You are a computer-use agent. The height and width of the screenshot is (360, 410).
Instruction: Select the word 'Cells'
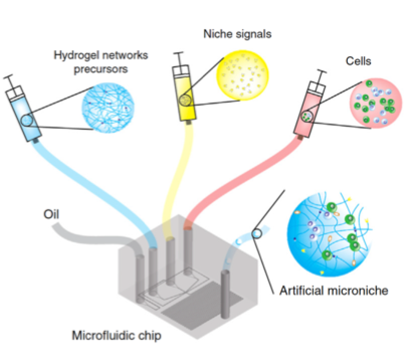pyautogui.click(x=358, y=61)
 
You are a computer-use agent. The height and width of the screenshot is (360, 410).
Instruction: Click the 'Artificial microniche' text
pyautogui.click(x=334, y=290)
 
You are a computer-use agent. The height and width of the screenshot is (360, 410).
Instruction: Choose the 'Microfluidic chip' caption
pyautogui.click(x=117, y=335)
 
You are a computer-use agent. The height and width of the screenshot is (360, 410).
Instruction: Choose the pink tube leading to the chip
pyautogui.click(x=226, y=191)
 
